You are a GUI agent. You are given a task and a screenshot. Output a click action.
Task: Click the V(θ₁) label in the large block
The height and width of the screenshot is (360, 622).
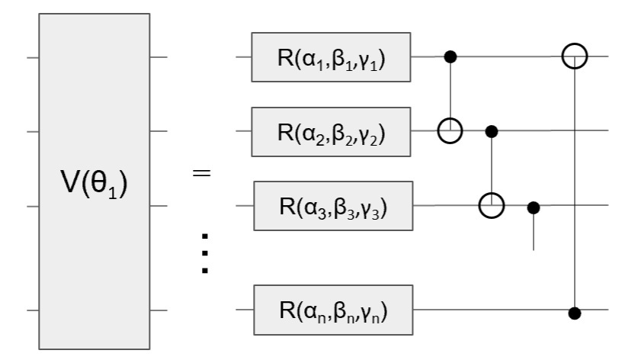[x=94, y=185]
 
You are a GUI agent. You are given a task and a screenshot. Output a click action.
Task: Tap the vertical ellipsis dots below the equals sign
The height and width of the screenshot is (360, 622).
[x=204, y=252]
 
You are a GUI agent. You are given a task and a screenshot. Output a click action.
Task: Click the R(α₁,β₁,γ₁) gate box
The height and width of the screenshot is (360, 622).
[x=331, y=57]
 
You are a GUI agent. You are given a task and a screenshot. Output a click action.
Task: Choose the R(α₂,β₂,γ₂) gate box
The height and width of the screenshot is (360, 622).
[x=331, y=131]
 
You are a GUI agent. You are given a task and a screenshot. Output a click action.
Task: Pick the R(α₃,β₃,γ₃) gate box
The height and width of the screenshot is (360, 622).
[x=332, y=206]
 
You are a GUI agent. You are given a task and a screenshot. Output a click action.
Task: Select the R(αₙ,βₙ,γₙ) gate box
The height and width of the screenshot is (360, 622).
[x=332, y=310]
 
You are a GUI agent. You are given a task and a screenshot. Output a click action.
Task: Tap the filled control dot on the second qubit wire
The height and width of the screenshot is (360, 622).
[x=492, y=131]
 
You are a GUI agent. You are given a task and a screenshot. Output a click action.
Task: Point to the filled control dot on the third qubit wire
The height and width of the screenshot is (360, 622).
[x=534, y=206]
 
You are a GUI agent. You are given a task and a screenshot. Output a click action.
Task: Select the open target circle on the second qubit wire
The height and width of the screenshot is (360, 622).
[x=450, y=131]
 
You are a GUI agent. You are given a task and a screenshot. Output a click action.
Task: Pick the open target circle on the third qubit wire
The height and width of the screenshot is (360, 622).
[x=492, y=206]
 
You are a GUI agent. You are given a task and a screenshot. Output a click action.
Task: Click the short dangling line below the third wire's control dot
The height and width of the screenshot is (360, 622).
[x=534, y=233]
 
